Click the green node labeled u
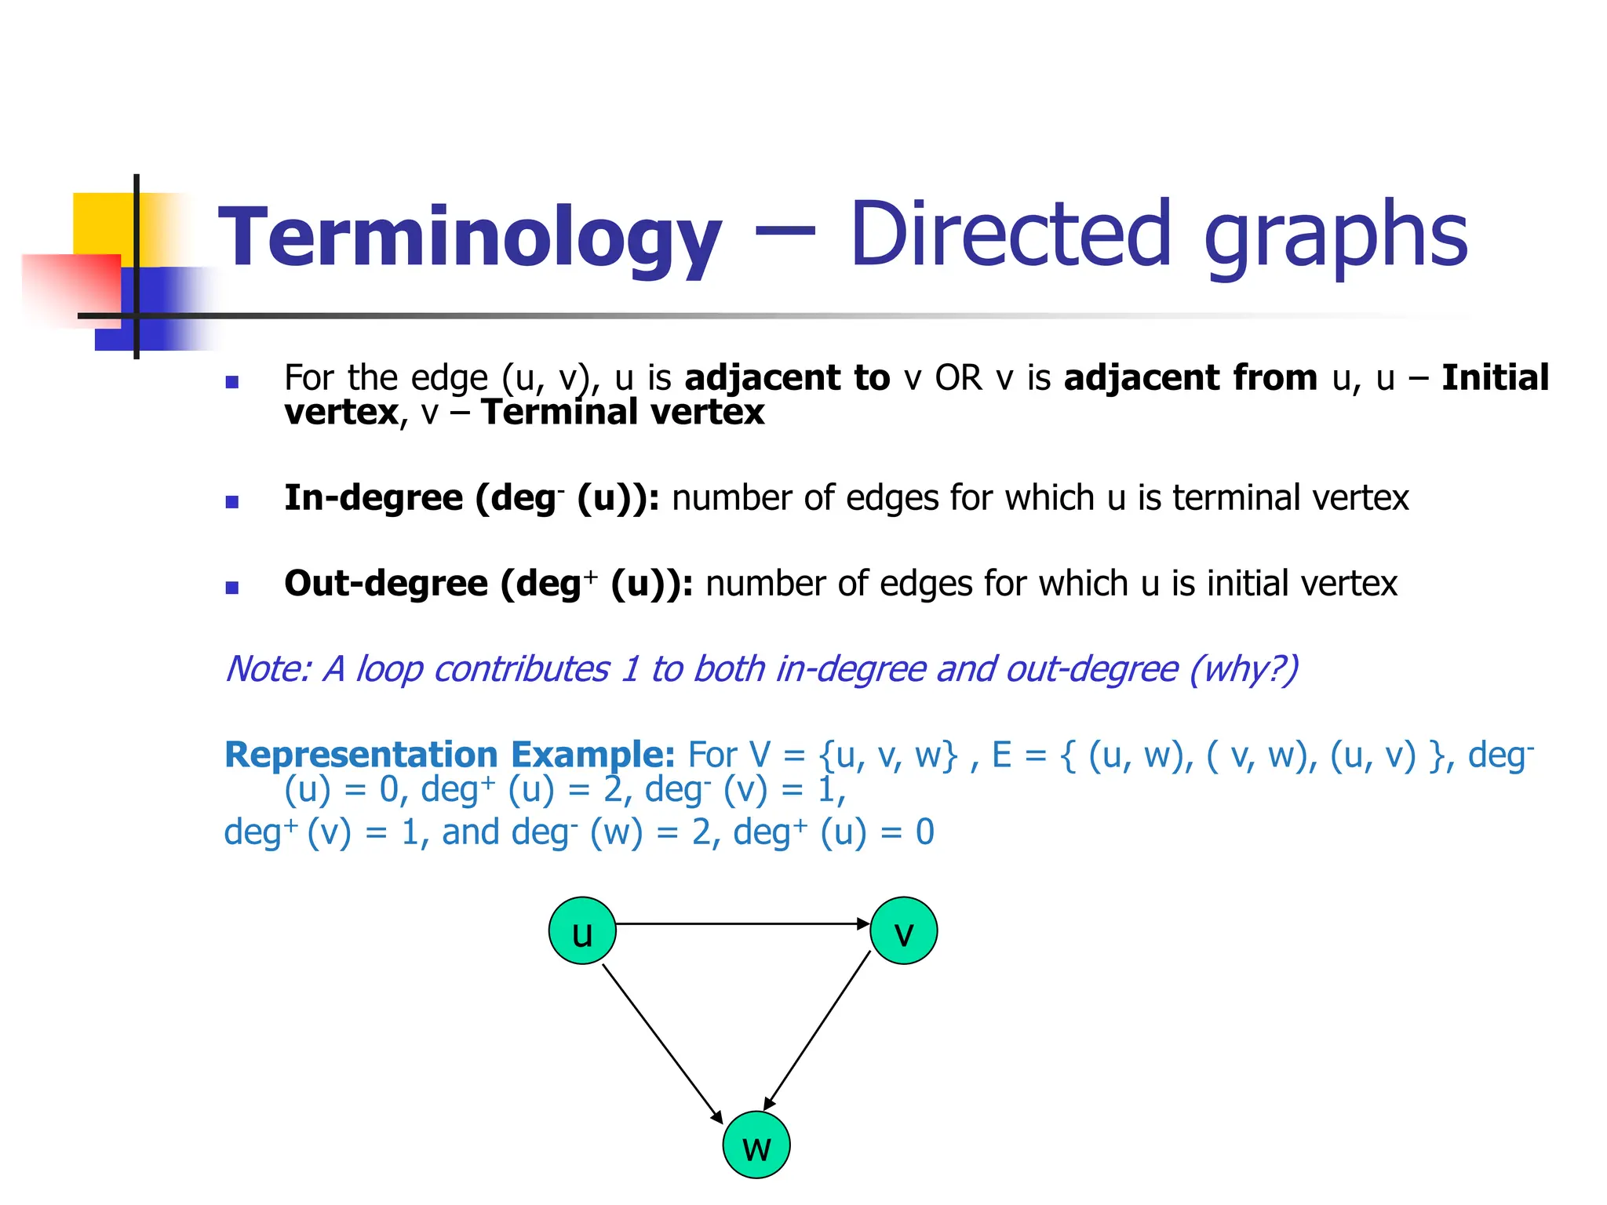582,930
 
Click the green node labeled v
904,930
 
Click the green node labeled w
756,1145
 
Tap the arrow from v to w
818,1030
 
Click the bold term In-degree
374,498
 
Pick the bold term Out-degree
386,584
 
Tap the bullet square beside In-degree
231,502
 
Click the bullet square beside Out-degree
231,588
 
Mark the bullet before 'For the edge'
231,383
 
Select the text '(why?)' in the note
1244,669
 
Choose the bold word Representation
361,755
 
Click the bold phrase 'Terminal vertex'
623,413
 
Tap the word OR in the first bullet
958,378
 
